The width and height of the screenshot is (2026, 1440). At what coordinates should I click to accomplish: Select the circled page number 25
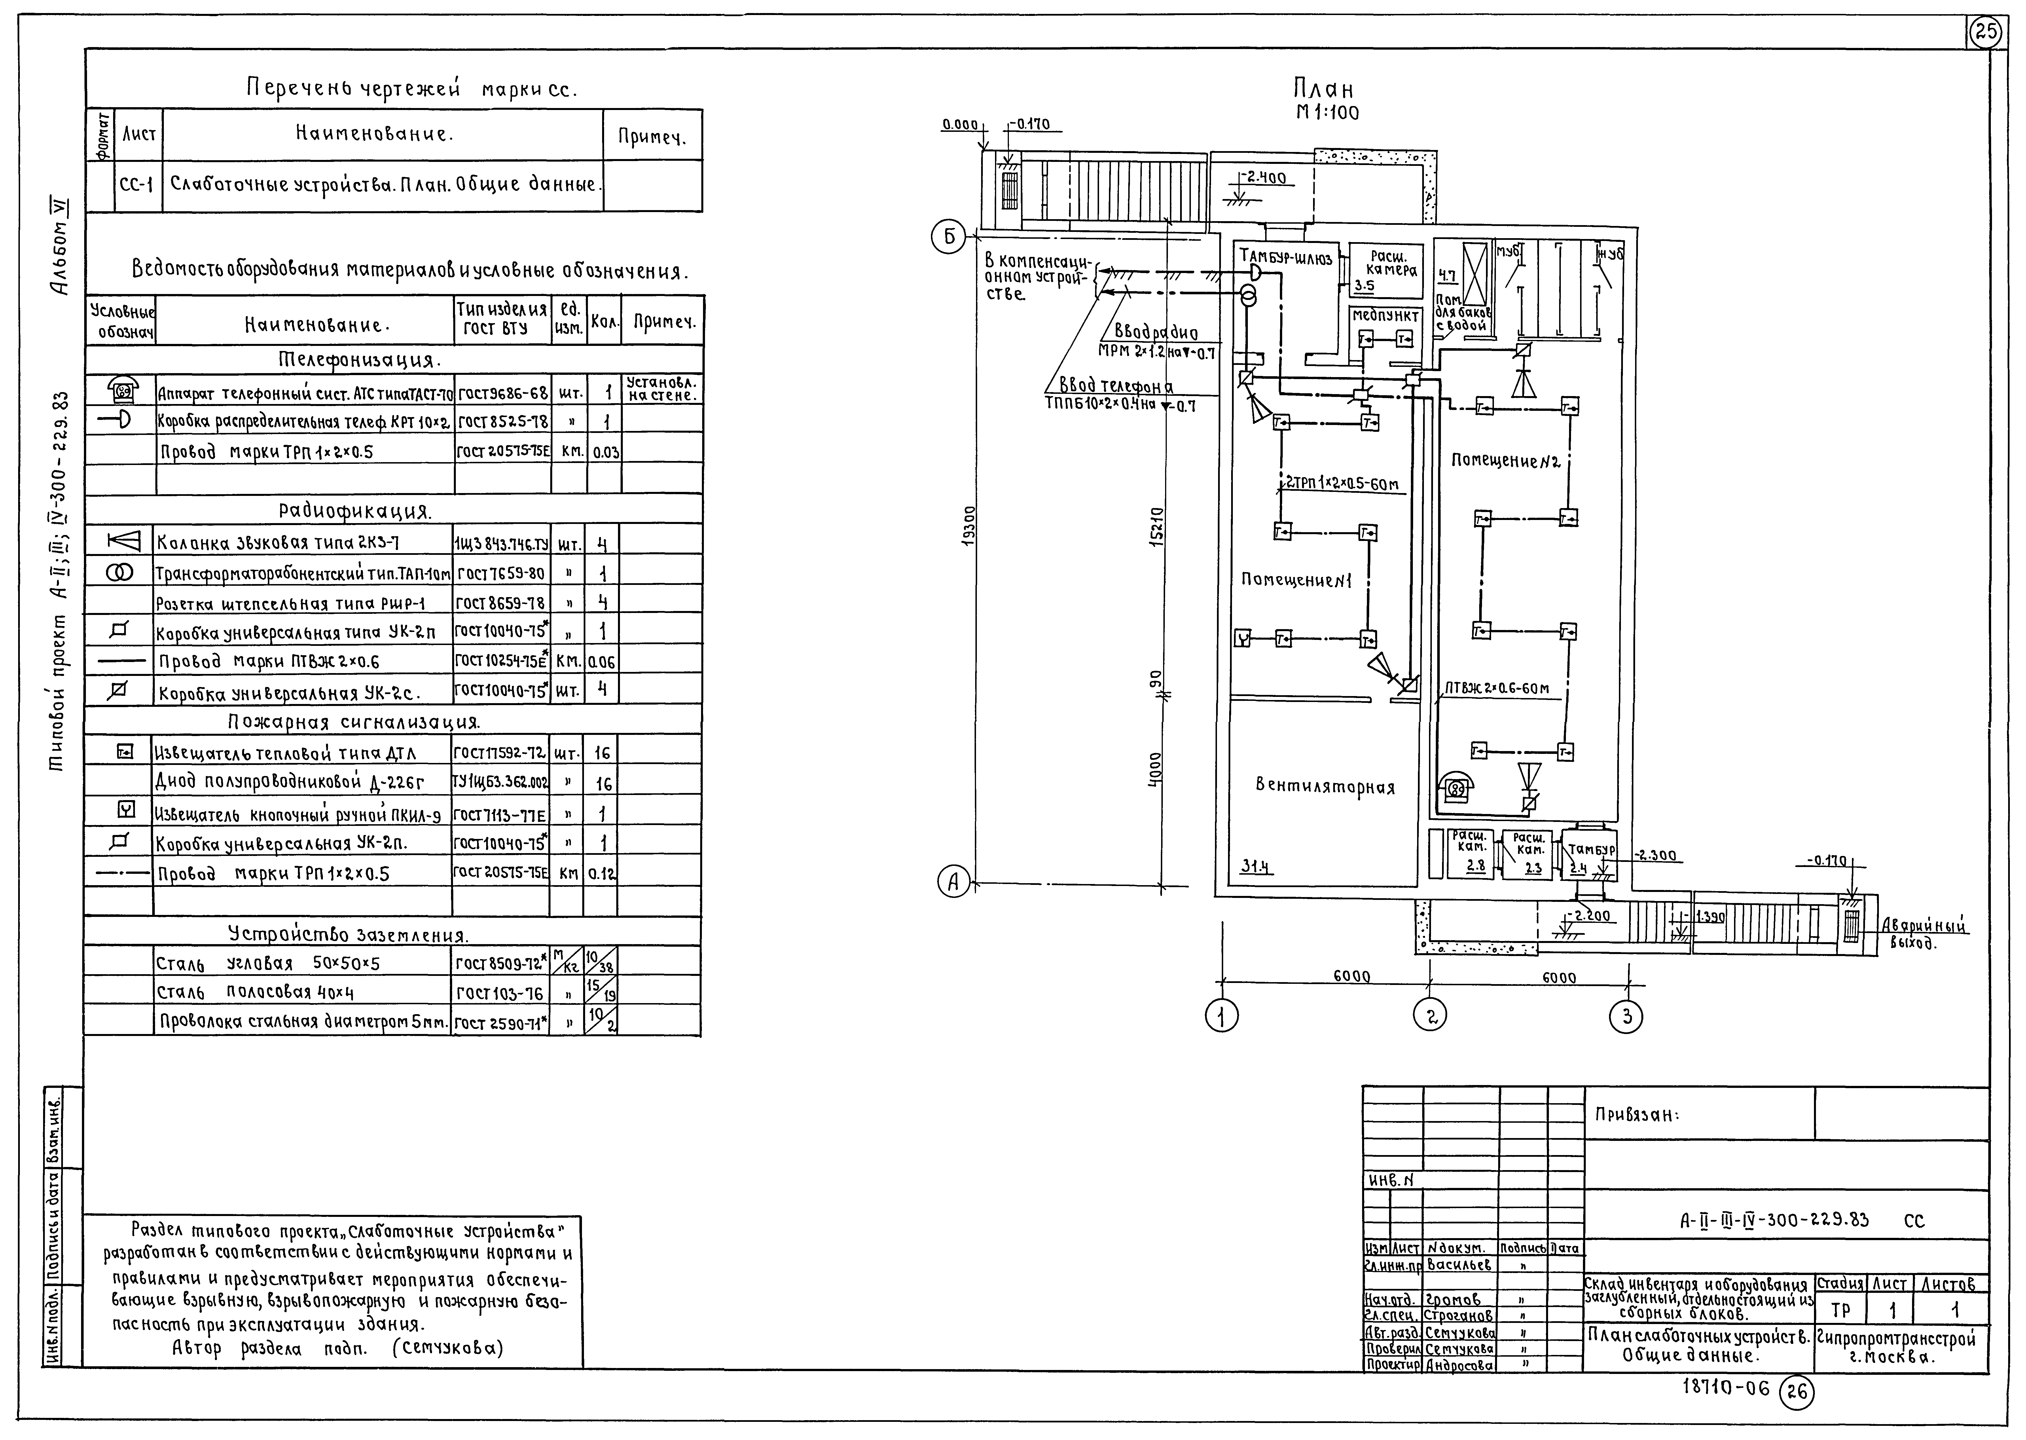tap(1986, 33)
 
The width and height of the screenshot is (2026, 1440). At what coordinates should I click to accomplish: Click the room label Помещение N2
tap(1505, 461)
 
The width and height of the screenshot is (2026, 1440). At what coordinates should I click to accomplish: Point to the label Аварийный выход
tap(1924, 933)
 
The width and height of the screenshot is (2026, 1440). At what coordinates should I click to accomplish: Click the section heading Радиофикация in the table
tap(355, 512)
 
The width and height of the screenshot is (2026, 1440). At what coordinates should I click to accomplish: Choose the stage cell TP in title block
tap(1840, 1310)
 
